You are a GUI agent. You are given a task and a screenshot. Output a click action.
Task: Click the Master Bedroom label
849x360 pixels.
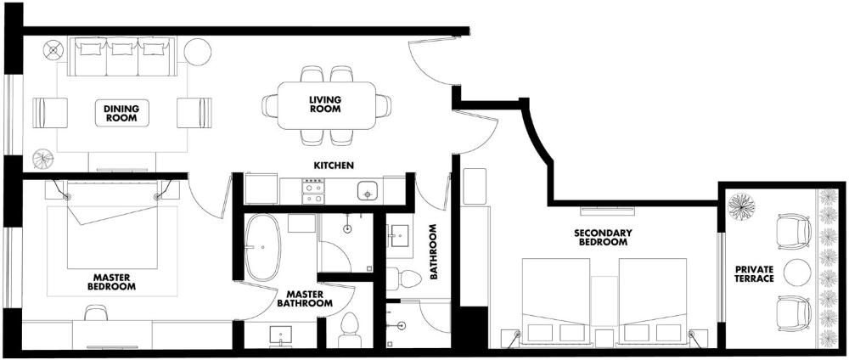(111, 282)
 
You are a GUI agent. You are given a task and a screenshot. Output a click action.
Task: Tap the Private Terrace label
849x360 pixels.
(754, 274)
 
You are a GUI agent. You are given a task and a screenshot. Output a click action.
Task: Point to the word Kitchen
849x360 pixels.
(334, 165)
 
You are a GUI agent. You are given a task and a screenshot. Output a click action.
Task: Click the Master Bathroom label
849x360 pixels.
(305, 299)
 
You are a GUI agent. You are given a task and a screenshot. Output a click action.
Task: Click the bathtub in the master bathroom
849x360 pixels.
(262, 247)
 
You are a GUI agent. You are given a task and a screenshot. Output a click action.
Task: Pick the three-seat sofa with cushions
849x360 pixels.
(122, 56)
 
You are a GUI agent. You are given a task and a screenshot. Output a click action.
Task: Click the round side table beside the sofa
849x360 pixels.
(197, 52)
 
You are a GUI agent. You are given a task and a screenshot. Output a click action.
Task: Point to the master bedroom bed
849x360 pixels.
(113, 225)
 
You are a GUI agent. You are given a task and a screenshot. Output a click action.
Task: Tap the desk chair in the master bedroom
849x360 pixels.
(96, 312)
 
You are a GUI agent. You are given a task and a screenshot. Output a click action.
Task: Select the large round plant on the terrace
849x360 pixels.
(741, 206)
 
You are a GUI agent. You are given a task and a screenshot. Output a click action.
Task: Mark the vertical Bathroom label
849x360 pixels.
(433, 251)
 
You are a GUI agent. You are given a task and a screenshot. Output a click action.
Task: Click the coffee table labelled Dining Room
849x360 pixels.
(121, 113)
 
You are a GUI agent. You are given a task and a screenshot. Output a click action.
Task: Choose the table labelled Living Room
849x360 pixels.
(327, 105)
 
